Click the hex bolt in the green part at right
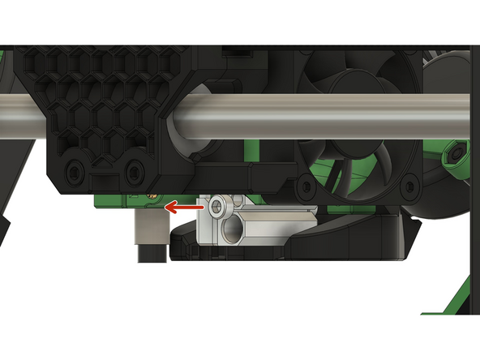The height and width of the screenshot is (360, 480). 457,152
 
